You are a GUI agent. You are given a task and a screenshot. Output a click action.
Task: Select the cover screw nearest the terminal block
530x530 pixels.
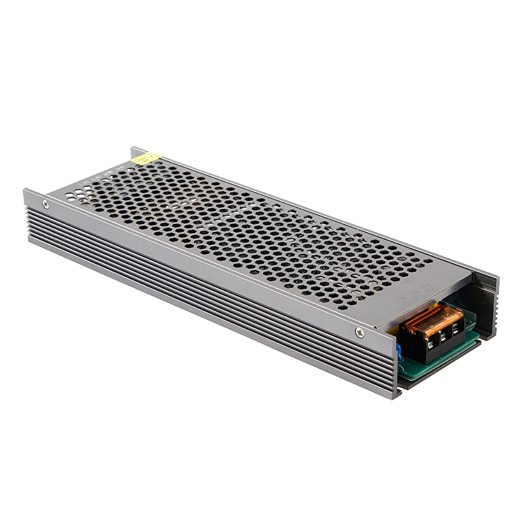pyautogui.click(x=359, y=332)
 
